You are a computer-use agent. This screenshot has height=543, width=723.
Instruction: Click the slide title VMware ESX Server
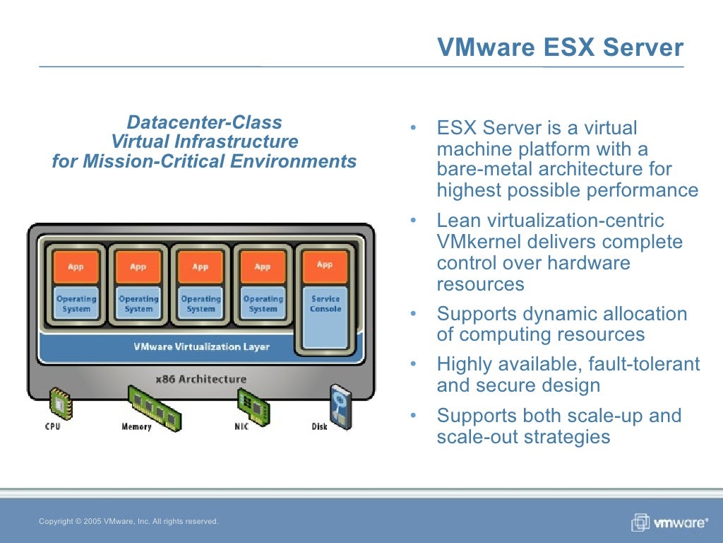click(560, 47)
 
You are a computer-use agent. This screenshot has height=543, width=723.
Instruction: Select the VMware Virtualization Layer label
click(201, 347)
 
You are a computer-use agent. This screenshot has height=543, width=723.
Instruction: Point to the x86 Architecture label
click(201, 379)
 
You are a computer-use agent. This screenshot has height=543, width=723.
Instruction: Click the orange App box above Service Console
click(325, 265)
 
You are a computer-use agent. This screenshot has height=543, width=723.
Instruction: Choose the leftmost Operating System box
click(76, 304)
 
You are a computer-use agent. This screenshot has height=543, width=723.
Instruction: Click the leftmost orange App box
click(76, 267)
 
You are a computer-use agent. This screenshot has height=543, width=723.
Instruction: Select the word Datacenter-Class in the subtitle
click(204, 123)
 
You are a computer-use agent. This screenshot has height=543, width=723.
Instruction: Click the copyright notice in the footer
click(129, 522)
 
